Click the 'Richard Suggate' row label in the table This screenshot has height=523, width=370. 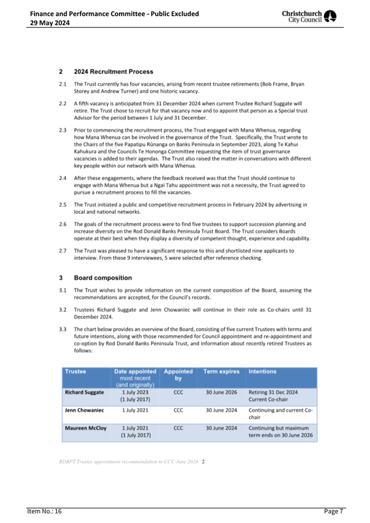[83, 393]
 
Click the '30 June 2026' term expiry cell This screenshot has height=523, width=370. [221, 393]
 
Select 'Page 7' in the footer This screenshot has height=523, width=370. [333, 512]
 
